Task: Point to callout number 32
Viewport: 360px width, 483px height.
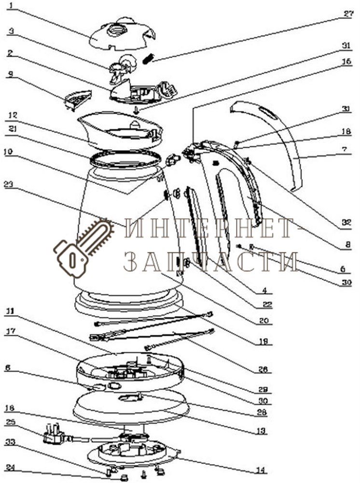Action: (346, 223)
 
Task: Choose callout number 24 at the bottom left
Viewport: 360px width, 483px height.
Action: (11, 468)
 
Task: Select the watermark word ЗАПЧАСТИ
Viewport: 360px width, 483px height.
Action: (210, 261)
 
